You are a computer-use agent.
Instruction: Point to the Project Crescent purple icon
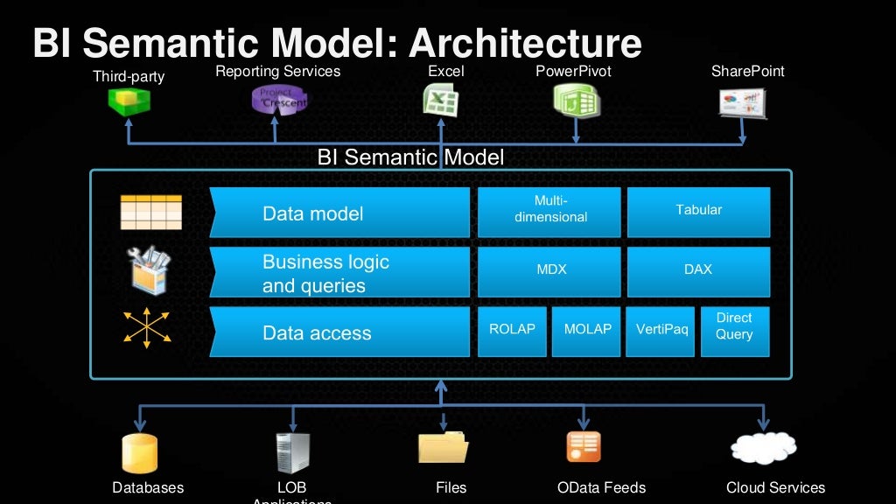[278, 100]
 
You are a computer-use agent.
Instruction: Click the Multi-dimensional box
[549, 210]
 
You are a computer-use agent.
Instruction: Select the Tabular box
[698, 210]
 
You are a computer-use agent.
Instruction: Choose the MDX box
[549, 270]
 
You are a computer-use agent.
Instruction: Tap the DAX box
[698, 270]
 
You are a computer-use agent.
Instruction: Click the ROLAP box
[512, 330]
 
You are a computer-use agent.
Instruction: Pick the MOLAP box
[586, 330]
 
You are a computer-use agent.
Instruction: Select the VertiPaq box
[661, 330]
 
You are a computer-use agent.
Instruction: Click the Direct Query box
[735, 330]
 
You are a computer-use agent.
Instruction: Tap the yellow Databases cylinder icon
[139, 452]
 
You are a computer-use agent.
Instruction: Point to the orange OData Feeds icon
[584, 446]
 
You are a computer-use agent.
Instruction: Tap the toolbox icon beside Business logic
[150, 269]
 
